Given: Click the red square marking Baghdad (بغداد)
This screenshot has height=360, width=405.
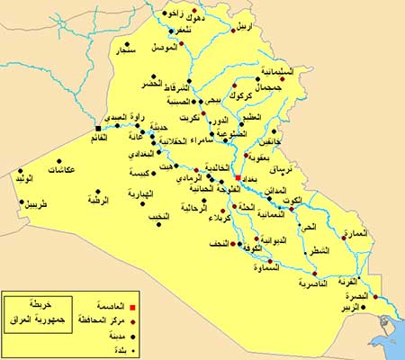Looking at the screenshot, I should click(x=238, y=178).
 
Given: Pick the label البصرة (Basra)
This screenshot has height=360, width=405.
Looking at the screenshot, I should click(x=356, y=296).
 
